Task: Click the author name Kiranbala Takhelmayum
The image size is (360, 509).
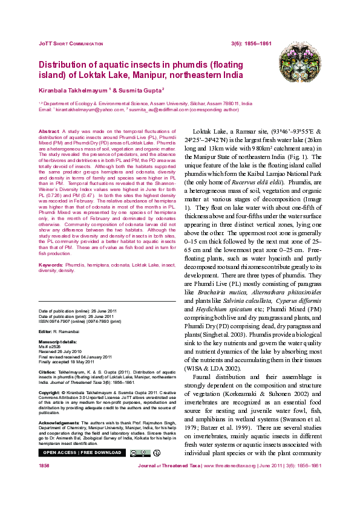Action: coord(73,89)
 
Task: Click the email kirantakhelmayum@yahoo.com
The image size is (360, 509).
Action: coord(89,110)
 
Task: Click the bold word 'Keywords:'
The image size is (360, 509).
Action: coord(51,265)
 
